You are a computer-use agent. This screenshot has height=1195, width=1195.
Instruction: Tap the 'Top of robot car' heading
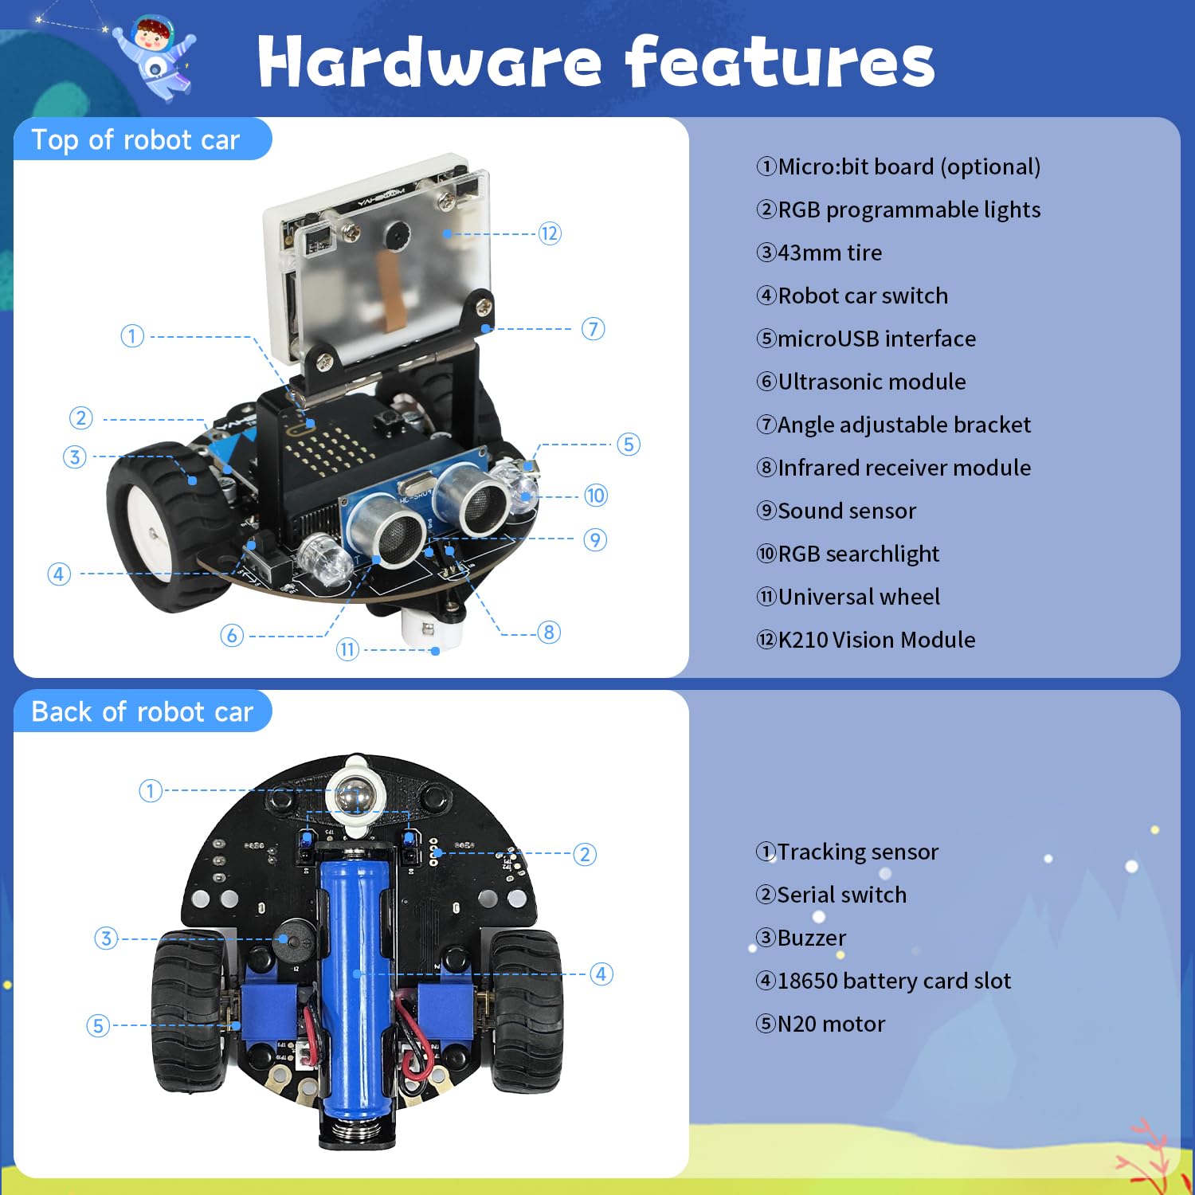pyautogui.click(x=135, y=140)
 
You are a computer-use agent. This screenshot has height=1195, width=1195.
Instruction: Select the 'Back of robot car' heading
pyautogui.click(x=142, y=711)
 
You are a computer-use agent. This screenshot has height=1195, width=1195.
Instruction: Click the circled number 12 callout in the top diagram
pyautogui.click(x=550, y=233)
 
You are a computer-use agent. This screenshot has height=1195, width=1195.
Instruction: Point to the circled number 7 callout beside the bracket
pyautogui.click(x=593, y=328)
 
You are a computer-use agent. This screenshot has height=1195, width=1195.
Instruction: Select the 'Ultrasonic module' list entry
pyautogui.click(x=871, y=382)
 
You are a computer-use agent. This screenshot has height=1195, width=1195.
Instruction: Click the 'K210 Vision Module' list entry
pyautogui.click(x=876, y=640)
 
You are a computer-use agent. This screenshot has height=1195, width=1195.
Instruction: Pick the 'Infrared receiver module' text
pyautogui.click(x=903, y=468)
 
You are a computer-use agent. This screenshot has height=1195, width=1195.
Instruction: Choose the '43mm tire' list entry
pyautogui.click(x=829, y=253)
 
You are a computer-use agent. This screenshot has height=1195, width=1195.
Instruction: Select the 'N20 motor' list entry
pyautogui.click(x=830, y=1024)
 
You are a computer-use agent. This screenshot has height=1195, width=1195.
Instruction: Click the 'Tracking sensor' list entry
pyautogui.click(x=857, y=852)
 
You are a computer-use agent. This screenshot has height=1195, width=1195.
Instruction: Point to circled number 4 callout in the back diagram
pyautogui.click(x=601, y=974)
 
